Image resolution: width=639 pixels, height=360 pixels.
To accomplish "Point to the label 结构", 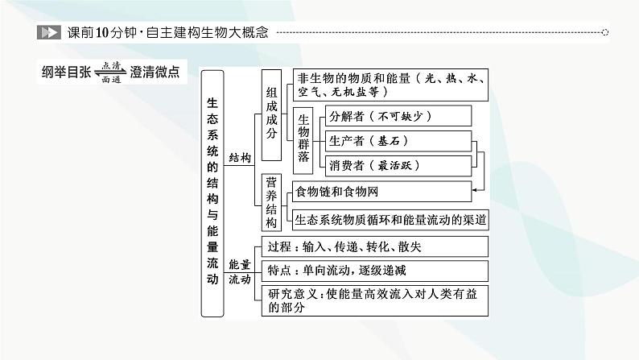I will pos(240,159).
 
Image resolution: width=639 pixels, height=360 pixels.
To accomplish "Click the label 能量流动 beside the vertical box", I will pos(240,271).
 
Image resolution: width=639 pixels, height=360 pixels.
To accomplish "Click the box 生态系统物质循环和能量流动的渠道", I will pos(390,218).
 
